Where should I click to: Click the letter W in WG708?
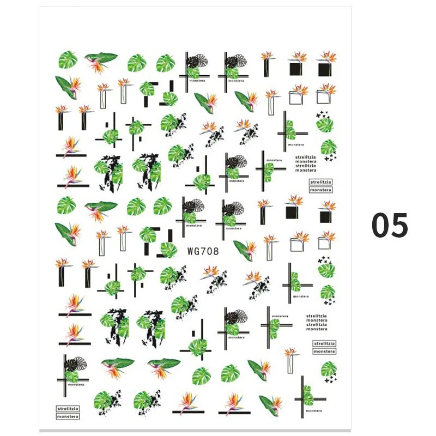(x=190, y=251)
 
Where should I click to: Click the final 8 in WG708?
(x=216, y=251)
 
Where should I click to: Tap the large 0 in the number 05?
(x=382, y=225)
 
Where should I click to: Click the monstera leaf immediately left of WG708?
(x=168, y=250)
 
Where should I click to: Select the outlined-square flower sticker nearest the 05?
(x=328, y=239)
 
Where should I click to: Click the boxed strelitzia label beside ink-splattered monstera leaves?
(x=68, y=408)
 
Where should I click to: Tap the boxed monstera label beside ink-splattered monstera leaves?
(x=68, y=416)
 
